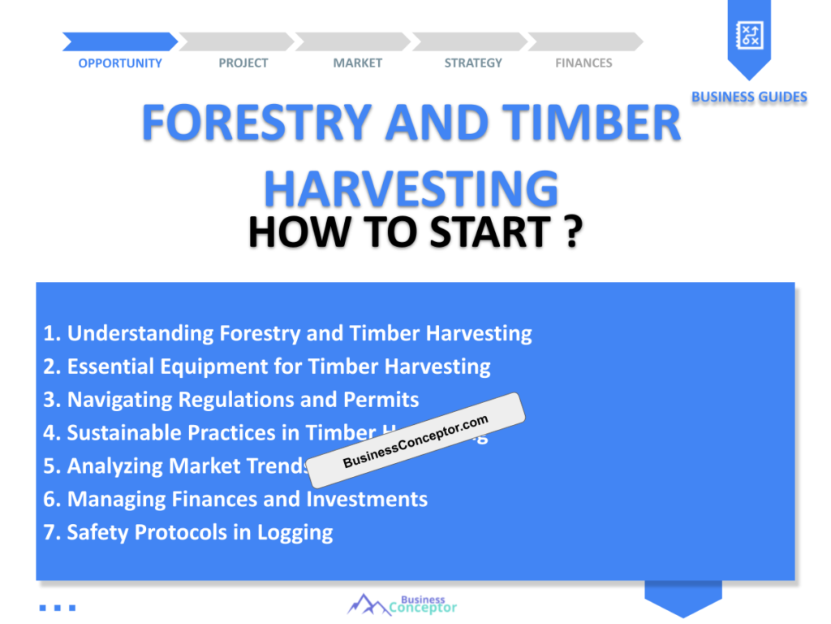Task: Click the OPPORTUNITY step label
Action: click(120, 63)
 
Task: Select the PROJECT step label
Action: click(243, 63)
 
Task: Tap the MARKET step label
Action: click(357, 63)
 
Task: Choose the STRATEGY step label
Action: click(473, 63)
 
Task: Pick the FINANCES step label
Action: click(583, 63)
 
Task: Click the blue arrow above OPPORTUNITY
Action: click(119, 41)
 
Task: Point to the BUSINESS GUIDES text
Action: click(749, 97)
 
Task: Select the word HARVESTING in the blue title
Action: click(411, 188)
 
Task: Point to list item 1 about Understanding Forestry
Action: click(288, 333)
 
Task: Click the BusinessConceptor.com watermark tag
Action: click(416, 440)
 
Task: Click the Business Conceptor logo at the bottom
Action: click(403, 604)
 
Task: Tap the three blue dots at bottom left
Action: click(57, 607)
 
